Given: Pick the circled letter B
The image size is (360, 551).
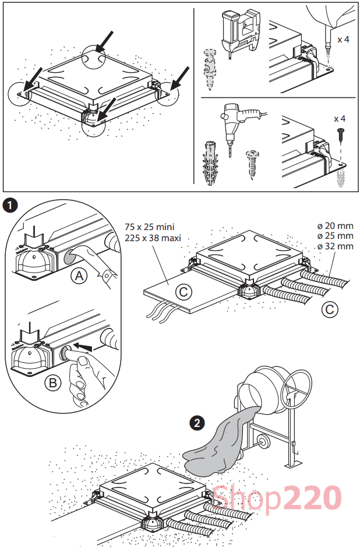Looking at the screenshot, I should pos(53,384).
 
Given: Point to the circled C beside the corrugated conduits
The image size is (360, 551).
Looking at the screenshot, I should pos(330,309).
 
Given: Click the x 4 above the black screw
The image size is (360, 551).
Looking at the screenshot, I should pos(340,118).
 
